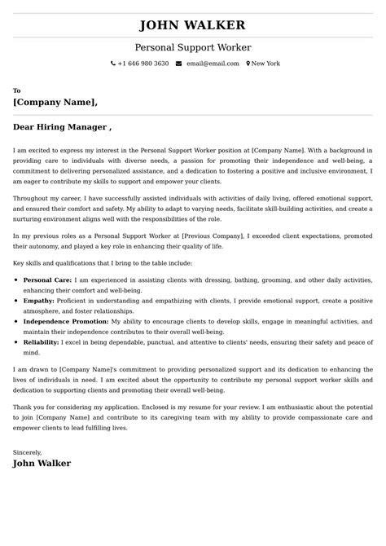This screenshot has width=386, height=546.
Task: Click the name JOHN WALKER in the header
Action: tap(193, 25)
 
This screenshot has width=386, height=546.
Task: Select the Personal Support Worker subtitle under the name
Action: tap(193, 48)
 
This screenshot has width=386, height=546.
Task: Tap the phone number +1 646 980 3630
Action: tap(143, 64)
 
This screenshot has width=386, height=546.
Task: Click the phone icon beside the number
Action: tap(113, 64)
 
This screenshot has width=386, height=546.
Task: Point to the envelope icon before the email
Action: tap(178, 64)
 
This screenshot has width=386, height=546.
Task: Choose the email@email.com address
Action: tap(213, 64)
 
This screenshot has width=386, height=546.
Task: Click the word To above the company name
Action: tap(17, 90)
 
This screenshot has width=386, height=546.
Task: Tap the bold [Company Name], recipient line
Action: tap(55, 103)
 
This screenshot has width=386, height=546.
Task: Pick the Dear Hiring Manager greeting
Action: tap(62, 127)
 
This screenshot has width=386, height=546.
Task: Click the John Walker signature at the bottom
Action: tap(42, 463)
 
